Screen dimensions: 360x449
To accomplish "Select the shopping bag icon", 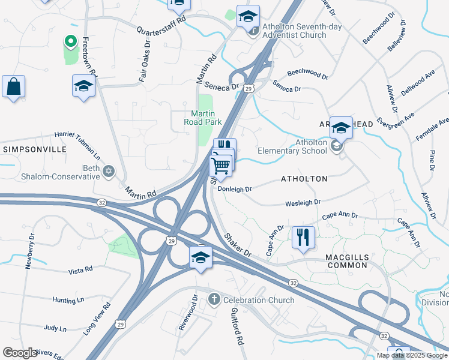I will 13,87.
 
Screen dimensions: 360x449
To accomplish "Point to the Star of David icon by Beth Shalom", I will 109,172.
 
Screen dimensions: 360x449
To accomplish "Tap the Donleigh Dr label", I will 234,188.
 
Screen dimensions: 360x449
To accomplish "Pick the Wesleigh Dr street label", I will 303,203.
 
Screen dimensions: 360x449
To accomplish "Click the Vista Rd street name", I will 80,271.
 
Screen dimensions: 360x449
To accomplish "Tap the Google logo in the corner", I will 20,353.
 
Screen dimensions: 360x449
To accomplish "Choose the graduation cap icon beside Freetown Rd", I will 83,86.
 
